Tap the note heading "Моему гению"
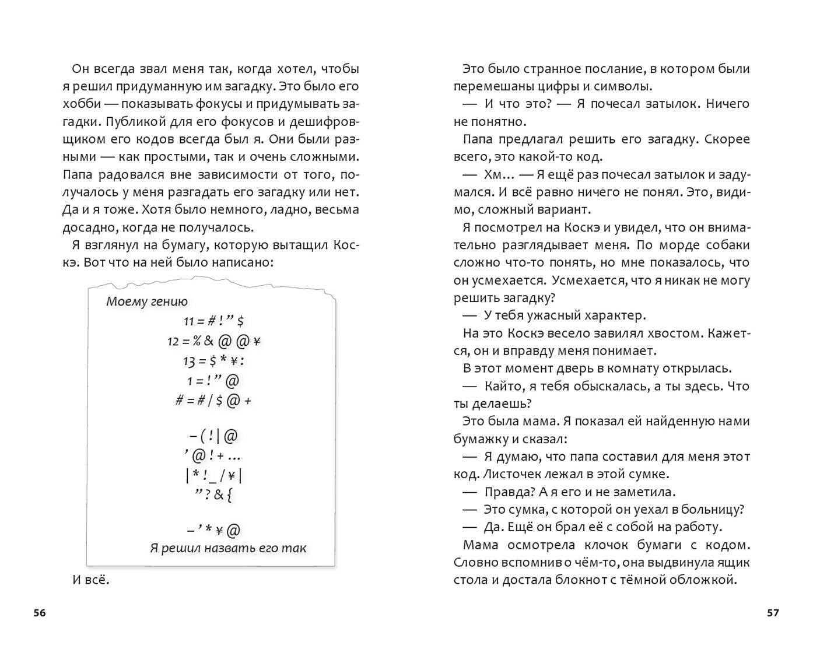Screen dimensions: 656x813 pyautogui.click(x=147, y=301)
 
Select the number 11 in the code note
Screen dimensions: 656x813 pyautogui.click(x=188, y=321)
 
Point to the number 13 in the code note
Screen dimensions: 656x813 pyautogui.click(x=189, y=362)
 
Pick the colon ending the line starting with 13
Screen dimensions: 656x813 pyautogui.click(x=241, y=362)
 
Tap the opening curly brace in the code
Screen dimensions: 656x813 pyautogui.click(x=230, y=495)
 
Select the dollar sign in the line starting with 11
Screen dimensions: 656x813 pyautogui.click(x=240, y=321)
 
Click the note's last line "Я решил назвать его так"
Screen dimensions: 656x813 pyautogui.click(x=228, y=548)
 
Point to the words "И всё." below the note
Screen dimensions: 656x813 pyautogui.click(x=91, y=580)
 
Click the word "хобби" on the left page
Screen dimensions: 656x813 pyautogui.click(x=80, y=104)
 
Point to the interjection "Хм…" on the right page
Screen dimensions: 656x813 pyautogui.click(x=499, y=174)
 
